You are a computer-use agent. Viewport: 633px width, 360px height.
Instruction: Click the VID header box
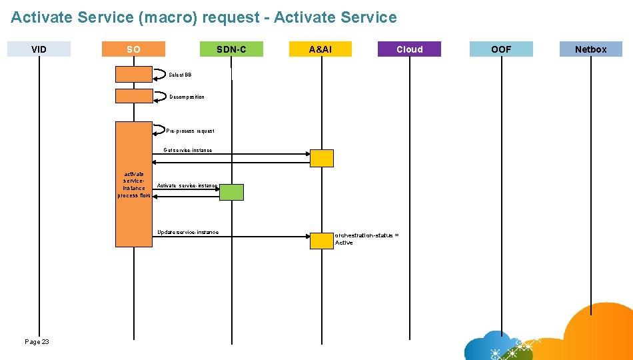39,49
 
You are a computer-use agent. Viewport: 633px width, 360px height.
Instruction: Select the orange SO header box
133,49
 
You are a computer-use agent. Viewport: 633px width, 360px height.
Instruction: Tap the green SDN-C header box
231,49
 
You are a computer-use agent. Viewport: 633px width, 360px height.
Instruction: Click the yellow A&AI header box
320,49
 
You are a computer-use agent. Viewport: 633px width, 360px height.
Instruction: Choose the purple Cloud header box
409,49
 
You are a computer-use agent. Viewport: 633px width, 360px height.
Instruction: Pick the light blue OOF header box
501,49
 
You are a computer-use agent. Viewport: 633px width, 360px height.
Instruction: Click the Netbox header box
590,49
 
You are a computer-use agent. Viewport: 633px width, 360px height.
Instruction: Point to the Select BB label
180,75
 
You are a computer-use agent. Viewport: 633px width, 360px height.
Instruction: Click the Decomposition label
187,97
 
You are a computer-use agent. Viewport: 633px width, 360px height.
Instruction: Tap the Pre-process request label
190,131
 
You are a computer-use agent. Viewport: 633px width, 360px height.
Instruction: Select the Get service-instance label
188,151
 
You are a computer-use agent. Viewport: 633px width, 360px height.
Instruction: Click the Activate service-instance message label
187,186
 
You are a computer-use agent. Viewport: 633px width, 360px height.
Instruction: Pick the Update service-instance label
187,233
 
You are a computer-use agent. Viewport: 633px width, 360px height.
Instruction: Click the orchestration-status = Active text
366,239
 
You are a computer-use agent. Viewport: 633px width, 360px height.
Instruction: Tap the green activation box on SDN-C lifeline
231,193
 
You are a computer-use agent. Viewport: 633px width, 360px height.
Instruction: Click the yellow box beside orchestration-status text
321,241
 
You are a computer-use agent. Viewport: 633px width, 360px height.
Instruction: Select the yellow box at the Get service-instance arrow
322,158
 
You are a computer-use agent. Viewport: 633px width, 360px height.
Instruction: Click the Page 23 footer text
37,342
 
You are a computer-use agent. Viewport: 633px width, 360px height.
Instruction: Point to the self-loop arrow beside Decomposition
161,96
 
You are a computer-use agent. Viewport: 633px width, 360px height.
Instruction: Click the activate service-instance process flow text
134,185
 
